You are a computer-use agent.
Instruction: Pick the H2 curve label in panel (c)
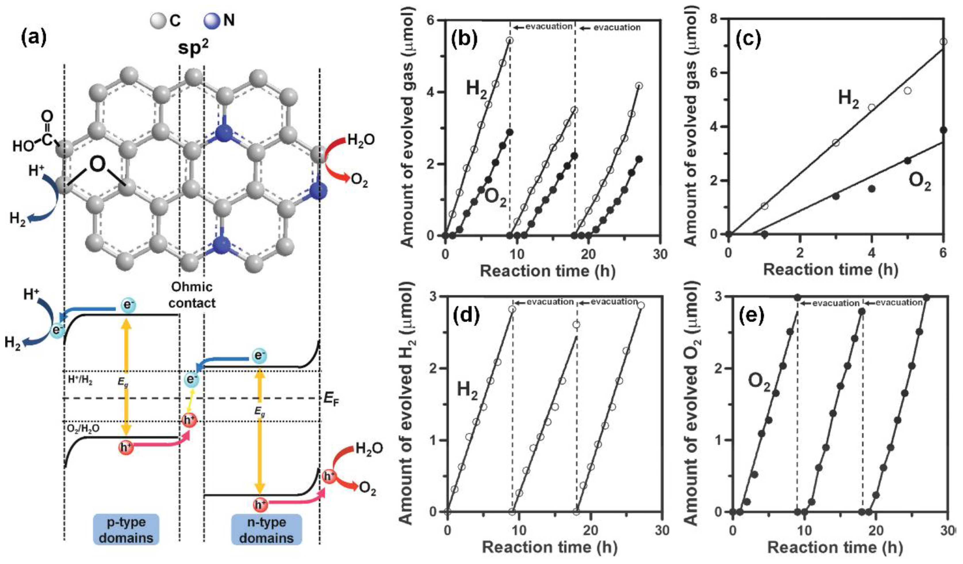(848, 99)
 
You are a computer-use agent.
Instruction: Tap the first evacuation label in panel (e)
(835, 303)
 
